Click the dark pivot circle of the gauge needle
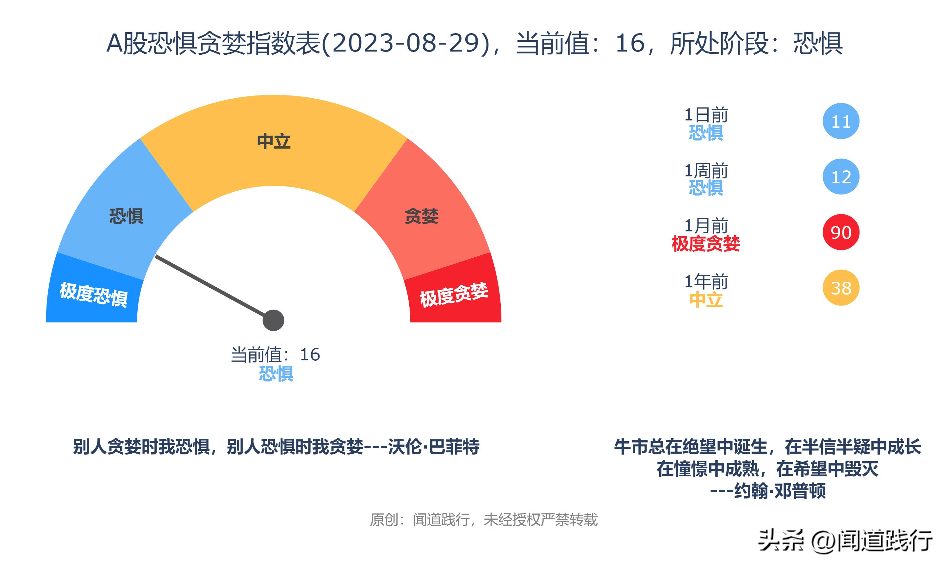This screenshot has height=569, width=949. [x=273, y=320]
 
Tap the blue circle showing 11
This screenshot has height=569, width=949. [x=841, y=121]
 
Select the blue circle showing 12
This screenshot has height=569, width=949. [x=841, y=176]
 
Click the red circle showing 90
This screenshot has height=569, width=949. [x=841, y=232]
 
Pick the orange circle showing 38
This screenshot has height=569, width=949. [x=841, y=288]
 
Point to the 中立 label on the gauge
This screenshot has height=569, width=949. [x=274, y=141]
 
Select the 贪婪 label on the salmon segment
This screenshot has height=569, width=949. [x=422, y=216]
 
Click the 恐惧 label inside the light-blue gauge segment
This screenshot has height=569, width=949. [x=126, y=216]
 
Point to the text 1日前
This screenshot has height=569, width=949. [x=706, y=115]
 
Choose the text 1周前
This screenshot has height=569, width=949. [x=706, y=170]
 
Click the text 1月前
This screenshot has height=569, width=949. [x=706, y=225]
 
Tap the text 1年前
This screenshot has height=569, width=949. [x=706, y=281]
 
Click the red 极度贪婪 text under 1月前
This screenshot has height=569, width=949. [x=706, y=243]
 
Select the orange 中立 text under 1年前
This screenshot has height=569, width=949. [x=706, y=299]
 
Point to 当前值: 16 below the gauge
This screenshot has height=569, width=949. [x=276, y=354]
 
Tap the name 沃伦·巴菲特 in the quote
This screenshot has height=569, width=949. [x=433, y=447]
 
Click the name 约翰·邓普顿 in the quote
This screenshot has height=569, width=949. [x=779, y=491]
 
